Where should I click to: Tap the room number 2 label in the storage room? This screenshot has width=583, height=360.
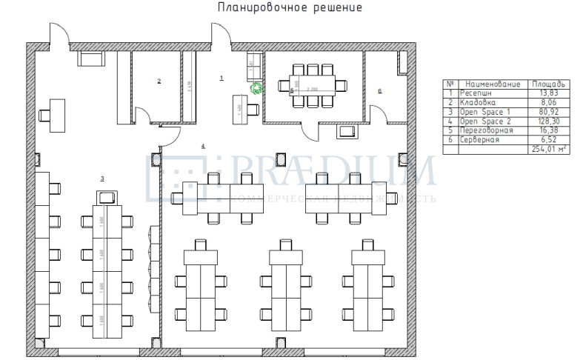159,81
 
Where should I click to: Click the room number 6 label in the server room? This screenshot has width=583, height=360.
380,91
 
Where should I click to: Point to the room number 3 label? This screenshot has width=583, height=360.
102,179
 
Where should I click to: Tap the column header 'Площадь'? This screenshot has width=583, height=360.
549,84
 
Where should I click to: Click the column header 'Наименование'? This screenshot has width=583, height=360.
492,84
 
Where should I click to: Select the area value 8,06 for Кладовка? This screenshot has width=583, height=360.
549,101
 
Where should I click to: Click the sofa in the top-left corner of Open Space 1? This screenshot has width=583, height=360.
93,59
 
